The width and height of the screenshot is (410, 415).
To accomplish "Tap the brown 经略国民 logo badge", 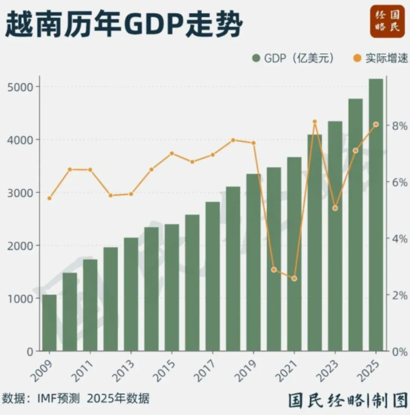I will pyautogui.click(x=387, y=21).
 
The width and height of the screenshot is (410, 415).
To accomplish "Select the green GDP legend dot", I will pyautogui.click(x=256, y=59).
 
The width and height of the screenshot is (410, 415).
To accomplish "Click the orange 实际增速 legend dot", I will pyautogui.click(x=358, y=59).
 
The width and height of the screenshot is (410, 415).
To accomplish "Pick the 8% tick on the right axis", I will pyautogui.click(x=397, y=125).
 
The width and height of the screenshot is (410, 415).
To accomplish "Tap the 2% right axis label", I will pyautogui.click(x=397, y=295).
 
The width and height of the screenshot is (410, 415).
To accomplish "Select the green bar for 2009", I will pyautogui.click(x=49, y=323).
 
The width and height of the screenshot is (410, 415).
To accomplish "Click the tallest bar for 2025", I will pyautogui.click(x=376, y=214).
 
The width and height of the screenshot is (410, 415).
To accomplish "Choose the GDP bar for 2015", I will pyautogui.click(x=172, y=287).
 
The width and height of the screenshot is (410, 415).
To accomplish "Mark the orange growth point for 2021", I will pyautogui.click(x=294, y=279).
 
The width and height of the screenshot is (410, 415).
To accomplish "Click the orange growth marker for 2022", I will pyautogui.click(x=314, y=122).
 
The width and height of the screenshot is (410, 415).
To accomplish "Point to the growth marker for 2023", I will pyautogui.click(x=335, y=208).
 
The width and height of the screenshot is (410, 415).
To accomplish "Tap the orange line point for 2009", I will pyautogui.click(x=50, y=198).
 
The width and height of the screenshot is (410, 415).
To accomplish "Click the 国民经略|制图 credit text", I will pyautogui.click(x=348, y=401).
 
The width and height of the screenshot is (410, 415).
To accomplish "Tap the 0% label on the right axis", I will pyautogui.click(x=397, y=352).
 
